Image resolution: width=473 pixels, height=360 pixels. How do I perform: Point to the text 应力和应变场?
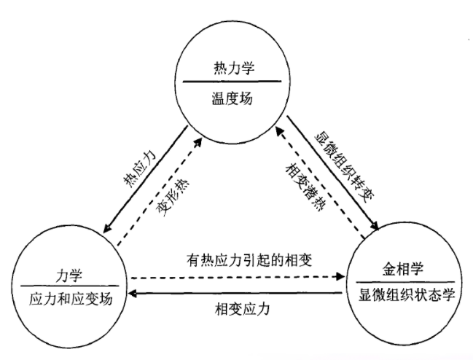click(69, 298)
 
